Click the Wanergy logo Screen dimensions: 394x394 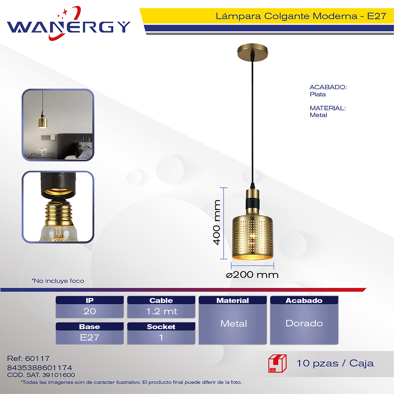[68, 24]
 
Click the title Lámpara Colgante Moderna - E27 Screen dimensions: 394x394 [301, 16]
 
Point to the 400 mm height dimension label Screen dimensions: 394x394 [216, 222]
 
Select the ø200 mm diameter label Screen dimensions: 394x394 [252, 274]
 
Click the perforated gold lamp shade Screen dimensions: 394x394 [252, 237]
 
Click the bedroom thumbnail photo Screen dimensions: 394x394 [58, 125]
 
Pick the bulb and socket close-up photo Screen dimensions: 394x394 [58, 207]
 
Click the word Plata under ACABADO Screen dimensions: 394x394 [318, 94]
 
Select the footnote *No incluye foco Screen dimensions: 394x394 [58, 281]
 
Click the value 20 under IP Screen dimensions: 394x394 [90, 311]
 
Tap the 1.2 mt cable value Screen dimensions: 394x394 [161, 311]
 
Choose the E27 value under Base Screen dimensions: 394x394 [89, 337]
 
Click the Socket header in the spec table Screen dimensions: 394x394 [161, 326]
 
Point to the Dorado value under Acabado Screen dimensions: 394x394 [304, 323]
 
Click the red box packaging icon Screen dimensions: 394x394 [277, 363]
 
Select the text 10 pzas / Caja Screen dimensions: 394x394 [335, 363]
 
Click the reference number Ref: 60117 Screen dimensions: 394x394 [29, 358]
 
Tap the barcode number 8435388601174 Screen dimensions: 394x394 [39, 367]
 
